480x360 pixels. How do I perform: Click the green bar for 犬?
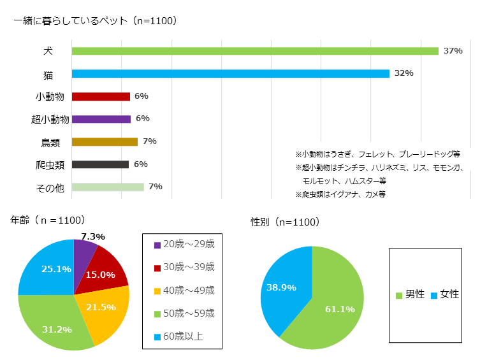tap(255, 51)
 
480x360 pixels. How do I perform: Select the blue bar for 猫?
tap(230, 74)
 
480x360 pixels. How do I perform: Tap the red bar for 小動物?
tap(101, 97)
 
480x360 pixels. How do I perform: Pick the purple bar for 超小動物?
tap(101, 119)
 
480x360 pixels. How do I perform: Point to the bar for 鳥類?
tap(105, 142)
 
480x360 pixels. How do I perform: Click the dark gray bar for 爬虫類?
tap(100, 164)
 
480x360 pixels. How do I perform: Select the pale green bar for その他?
tap(108, 187)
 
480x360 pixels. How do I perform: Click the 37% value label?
tap(453, 51)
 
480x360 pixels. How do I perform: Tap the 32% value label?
tap(404, 73)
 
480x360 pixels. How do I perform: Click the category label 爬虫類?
tap(50, 165)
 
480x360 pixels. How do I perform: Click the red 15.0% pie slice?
tap(106, 271)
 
